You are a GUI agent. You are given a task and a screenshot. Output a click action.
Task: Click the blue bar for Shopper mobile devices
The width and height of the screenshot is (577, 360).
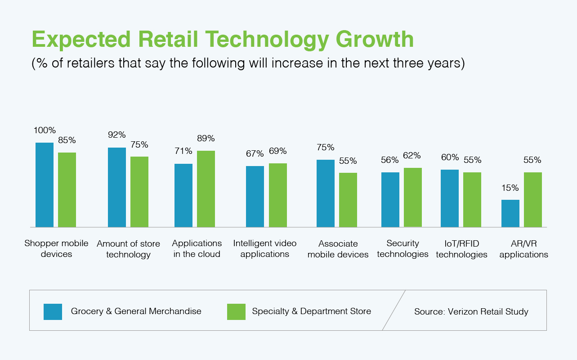(45, 184)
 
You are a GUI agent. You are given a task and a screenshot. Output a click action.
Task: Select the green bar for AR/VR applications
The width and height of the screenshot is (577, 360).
(533, 199)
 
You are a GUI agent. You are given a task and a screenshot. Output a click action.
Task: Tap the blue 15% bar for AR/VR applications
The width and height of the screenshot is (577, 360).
(510, 213)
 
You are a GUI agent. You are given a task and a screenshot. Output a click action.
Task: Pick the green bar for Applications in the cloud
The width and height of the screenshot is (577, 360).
(206, 189)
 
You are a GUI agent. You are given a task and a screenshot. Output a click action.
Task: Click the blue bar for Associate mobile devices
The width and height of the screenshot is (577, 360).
(326, 193)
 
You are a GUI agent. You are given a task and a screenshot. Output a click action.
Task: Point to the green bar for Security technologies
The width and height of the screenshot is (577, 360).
(412, 197)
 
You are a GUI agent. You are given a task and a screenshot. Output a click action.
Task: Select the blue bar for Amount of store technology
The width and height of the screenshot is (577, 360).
(117, 187)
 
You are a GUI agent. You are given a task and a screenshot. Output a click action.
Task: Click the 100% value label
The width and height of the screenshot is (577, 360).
(45, 130)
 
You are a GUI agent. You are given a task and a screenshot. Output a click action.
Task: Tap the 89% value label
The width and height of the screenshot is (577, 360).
(206, 139)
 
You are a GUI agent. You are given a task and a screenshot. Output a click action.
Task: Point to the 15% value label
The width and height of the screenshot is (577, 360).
(510, 188)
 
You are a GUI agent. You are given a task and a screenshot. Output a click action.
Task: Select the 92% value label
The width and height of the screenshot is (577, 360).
(117, 135)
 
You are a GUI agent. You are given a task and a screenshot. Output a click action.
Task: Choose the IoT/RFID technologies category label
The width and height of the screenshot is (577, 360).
(461, 249)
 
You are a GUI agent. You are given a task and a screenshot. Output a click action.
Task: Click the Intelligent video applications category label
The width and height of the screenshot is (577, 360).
(265, 248)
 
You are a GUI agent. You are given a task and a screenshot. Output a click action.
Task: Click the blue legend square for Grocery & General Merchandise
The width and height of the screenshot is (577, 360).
(53, 311)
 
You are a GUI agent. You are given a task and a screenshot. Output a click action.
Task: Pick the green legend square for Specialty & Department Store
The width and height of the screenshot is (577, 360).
(236, 311)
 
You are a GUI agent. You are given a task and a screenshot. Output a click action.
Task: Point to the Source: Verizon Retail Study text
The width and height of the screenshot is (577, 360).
(471, 311)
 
